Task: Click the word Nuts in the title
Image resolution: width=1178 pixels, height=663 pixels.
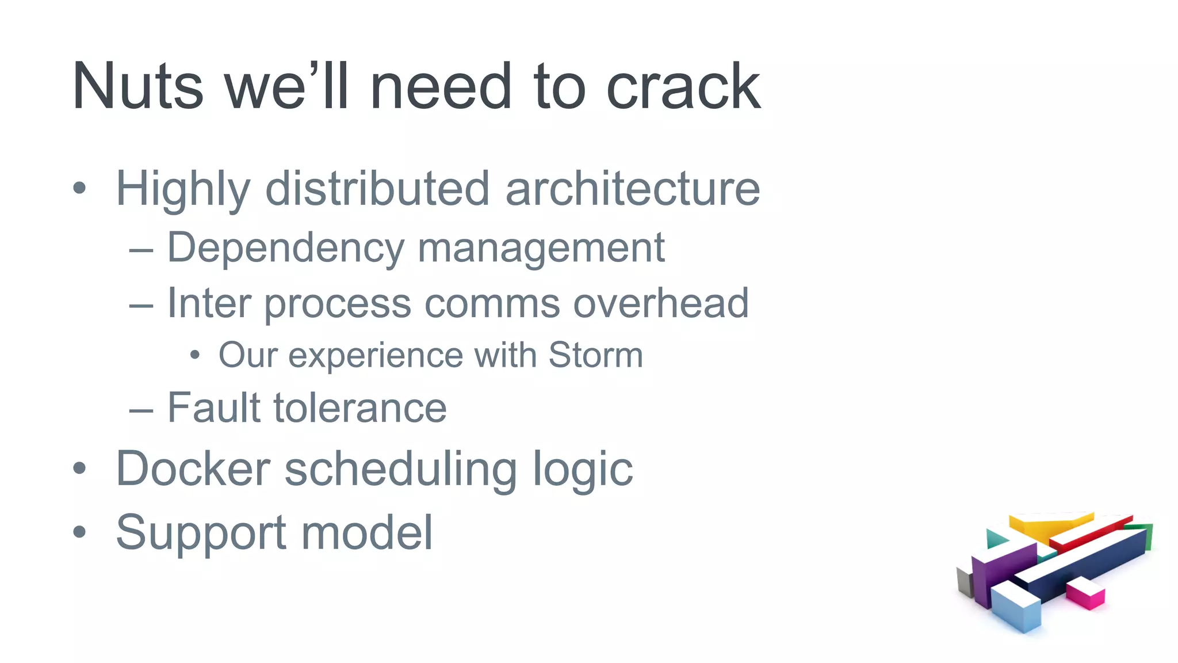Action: [x=138, y=86]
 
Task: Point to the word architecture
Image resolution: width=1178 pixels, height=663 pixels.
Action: [x=633, y=189]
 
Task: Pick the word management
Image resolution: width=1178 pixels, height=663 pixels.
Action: [x=541, y=249]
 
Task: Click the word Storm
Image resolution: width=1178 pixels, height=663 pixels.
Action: [x=595, y=355]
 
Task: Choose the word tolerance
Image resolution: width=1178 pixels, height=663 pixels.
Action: [x=360, y=407]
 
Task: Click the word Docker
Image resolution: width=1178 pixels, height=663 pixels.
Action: [x=193, y=468]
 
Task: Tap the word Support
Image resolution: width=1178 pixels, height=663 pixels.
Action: [x=201, y=533]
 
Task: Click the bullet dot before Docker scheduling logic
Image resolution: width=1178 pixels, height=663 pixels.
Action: [x=79, y=468]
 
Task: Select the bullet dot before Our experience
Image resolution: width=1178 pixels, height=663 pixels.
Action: [x=195, y=355]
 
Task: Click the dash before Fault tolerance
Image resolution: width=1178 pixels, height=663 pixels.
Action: [x=141, y=410]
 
